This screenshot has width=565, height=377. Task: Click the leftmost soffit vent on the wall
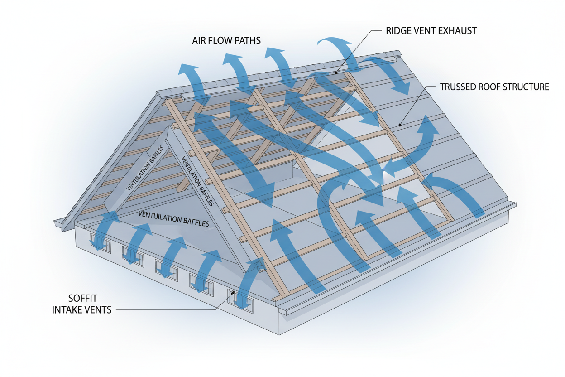pyautogui.click(x=100, y=242)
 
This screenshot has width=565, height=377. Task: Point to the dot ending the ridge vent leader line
pyautogui.click(x=335, y=72)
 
